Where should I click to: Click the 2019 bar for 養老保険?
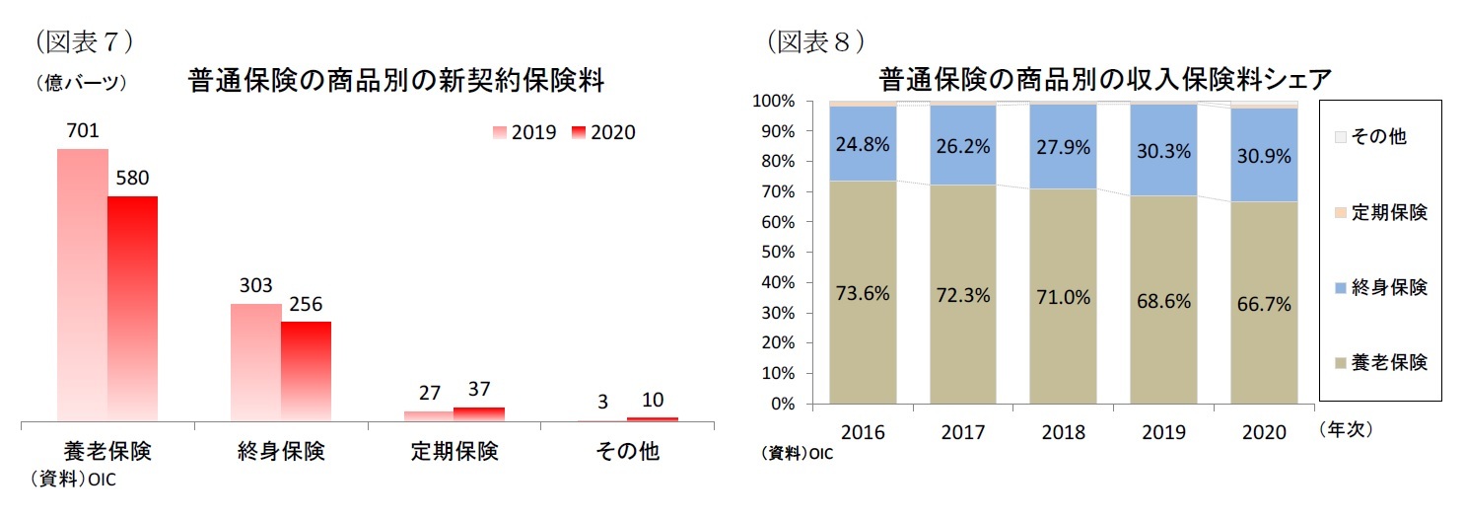(82, 286)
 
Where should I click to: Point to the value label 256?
(306, 304)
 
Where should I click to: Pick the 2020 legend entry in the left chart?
(602, 132)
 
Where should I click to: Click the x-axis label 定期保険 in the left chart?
(454, 452)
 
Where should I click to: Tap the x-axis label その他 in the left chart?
(627, 452)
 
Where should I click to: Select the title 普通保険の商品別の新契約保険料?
(395, 82)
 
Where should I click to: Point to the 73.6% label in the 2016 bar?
(863, 293)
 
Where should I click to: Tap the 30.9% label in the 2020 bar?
(1264, 156)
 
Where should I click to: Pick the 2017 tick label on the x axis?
(963, 432)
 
